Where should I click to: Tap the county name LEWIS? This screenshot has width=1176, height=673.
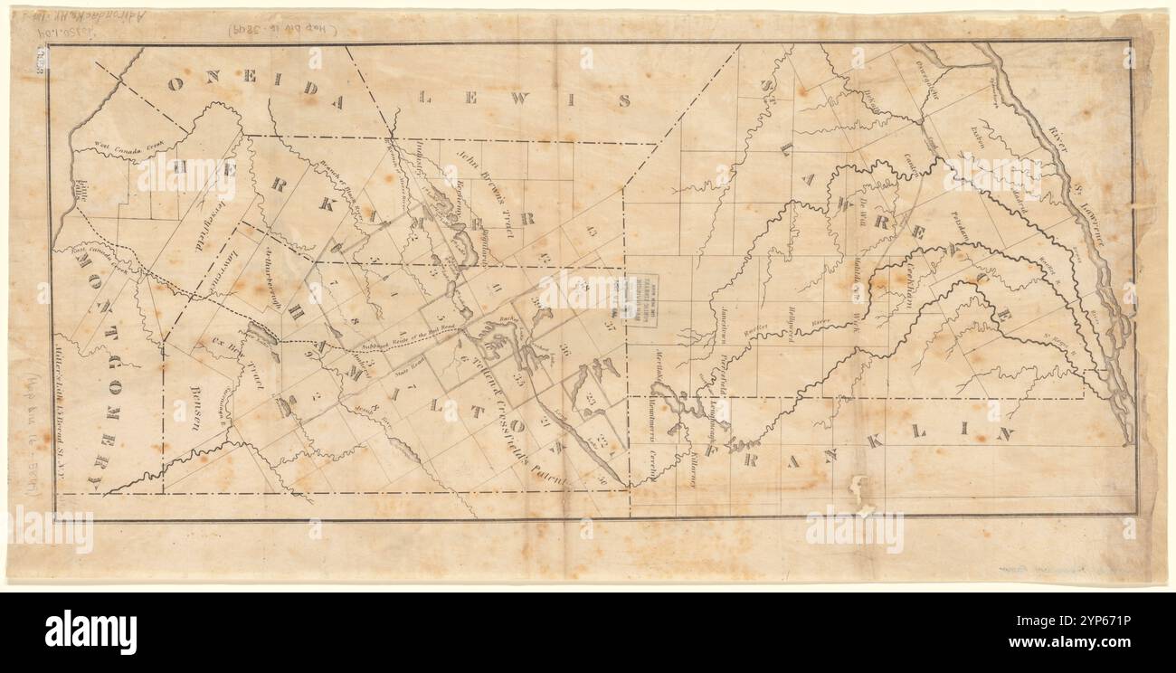pos(525,96)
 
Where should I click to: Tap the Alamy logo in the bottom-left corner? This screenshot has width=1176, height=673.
pos(90,630)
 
